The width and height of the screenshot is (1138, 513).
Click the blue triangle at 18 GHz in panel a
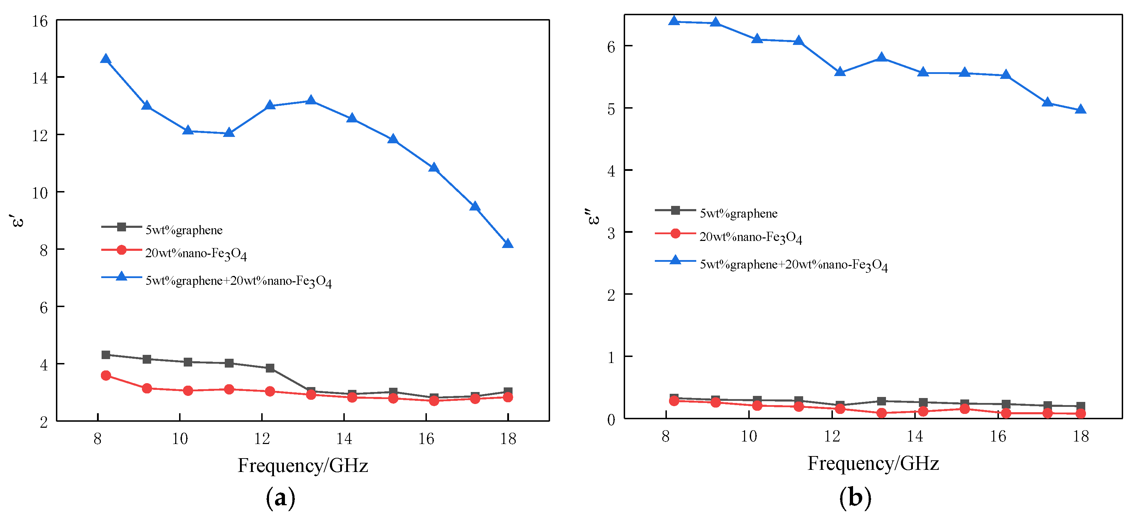pos(508,244)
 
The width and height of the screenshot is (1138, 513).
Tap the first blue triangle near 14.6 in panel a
pos(105,59)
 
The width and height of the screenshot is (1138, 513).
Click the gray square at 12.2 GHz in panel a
pos(270,368)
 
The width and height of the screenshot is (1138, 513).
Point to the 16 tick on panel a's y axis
pos(40,21)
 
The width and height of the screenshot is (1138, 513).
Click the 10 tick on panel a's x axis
pos(180,438)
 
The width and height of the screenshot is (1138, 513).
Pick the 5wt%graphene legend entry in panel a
pos(184,230)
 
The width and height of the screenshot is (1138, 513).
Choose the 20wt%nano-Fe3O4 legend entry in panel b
pos(750,237)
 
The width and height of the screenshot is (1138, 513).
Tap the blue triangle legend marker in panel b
pos(675,260)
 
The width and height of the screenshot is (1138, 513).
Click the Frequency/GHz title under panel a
pos(303,465)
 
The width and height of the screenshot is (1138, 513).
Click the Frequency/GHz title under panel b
pos(873,463)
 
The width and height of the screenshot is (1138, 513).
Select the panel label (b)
pos(855,497)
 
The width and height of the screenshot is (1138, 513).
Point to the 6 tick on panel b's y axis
pos(611,47)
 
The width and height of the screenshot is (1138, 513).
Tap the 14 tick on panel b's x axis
pos(915,436)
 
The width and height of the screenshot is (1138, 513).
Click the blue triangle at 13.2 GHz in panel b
pos(881,58)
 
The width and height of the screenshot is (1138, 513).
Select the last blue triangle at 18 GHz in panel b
pos(1080,109)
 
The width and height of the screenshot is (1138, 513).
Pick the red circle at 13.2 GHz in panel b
pos(881,413)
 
